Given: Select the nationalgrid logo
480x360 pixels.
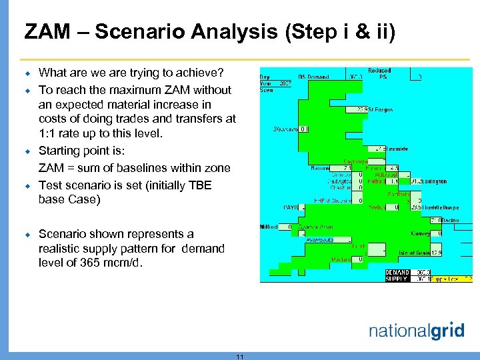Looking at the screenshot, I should click(416, 330).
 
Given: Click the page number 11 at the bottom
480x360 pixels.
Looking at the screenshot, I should click(240, 357).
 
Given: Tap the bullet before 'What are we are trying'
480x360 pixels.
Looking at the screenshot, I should click(28, 73).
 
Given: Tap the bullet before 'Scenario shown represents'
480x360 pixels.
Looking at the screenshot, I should click(28, 235).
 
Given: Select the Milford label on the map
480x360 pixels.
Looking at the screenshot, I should click(269, 227).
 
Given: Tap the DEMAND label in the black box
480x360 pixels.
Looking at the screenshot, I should click(398, 272).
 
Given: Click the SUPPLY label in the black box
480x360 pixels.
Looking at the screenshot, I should click(398, 279).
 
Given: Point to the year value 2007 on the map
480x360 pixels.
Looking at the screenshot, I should click(285, 83).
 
